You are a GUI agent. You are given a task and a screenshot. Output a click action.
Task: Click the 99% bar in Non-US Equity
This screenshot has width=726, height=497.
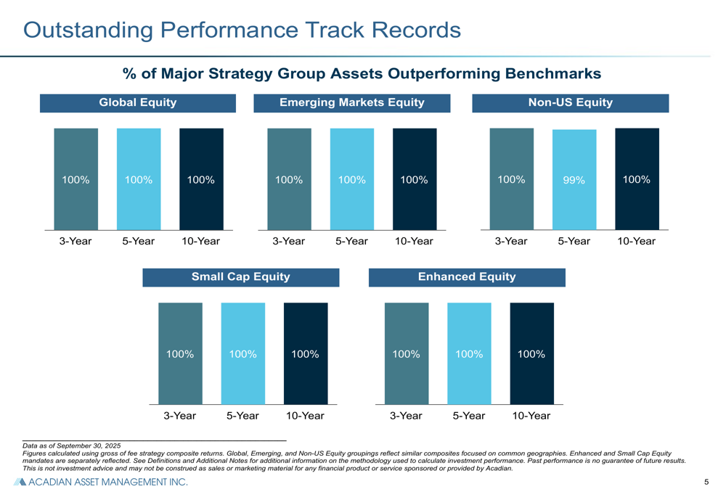pos(574,180)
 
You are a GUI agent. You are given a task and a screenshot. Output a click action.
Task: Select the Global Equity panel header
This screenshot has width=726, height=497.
pos(138,103)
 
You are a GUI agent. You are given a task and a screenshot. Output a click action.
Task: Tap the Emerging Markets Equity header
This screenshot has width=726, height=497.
pos(352,103)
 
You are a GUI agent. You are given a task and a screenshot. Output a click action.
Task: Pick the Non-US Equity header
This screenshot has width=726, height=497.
pos(571,103)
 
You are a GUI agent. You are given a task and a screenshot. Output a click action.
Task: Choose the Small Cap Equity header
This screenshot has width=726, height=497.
pos(240,276)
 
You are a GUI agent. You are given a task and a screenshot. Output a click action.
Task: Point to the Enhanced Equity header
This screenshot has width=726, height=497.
pos(467,276)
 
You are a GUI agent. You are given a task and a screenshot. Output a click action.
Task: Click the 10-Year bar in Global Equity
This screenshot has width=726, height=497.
pos(201,179)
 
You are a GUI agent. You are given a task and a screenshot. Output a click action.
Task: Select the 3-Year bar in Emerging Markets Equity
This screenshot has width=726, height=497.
pos(289,179)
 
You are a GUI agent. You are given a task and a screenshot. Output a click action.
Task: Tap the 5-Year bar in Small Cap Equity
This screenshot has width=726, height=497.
pos(243,353)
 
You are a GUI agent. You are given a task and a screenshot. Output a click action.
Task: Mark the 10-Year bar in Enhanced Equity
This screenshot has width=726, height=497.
pos(531,353)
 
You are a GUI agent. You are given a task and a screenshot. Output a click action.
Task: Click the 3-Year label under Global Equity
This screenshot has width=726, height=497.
pos(76,242)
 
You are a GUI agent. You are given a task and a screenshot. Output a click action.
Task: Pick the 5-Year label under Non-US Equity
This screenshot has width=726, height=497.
pos(574,242)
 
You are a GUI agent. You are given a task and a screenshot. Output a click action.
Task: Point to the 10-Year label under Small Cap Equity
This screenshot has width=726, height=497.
pos(305,416)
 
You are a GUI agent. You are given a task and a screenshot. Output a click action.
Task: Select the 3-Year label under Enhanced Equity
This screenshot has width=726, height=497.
pos(406,416)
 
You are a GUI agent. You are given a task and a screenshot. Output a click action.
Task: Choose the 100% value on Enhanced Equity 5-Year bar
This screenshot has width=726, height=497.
pos(469,354)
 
